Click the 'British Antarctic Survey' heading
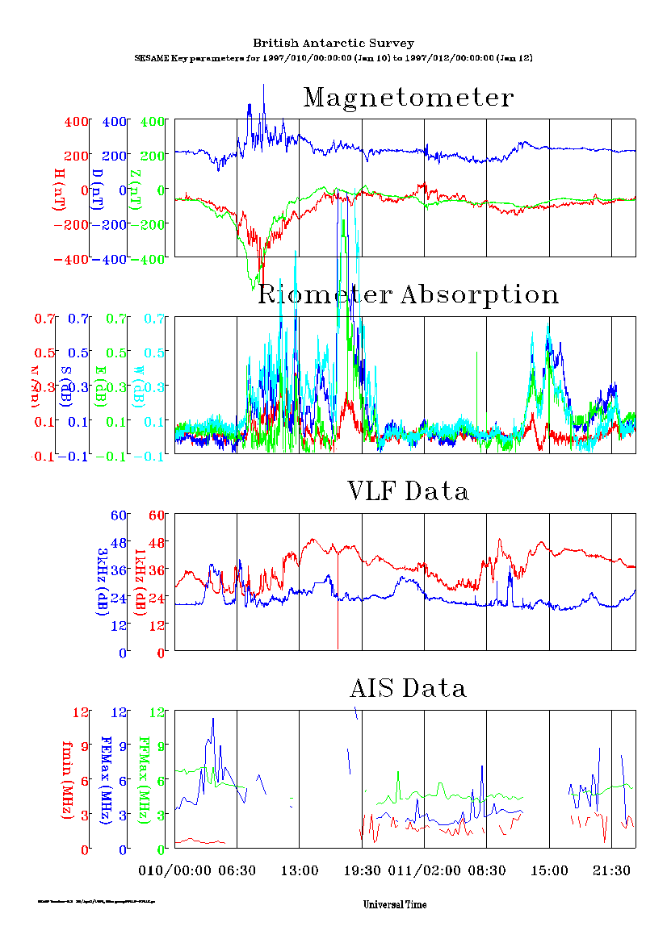coord(333,43)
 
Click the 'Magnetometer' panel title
coord(408,98)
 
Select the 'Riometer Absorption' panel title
coord(408,295)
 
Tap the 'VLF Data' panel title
coord(408,490)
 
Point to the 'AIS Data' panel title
coord(408,688)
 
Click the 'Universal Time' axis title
coord(395,904)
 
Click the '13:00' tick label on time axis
coord(300,870)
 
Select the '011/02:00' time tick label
coord(424,870)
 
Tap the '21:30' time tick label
coord(611,870)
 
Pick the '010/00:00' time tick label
coord(174,870)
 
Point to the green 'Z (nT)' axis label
coord(138,190)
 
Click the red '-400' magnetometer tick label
coord(70,259)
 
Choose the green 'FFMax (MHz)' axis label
coord(145,779)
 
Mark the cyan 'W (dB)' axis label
coord(138,386)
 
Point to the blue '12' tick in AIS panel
coord(120,712)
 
